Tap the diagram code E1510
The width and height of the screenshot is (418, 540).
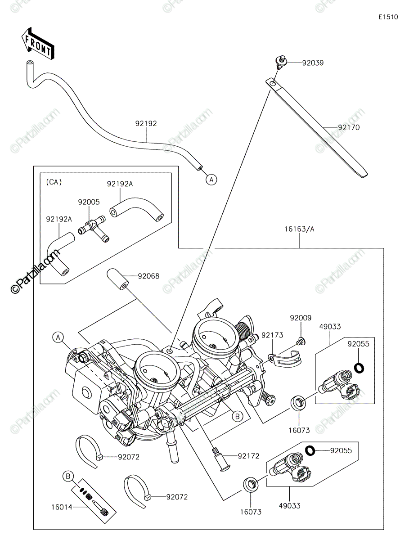pos(388,17)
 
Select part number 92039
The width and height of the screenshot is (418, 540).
pos(313,63)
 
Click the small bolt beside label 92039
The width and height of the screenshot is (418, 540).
pos(281,63)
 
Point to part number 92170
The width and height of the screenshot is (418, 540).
pos(349,127)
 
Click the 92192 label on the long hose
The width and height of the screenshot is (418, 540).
pos(146,123)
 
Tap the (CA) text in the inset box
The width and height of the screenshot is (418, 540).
pos(54,182)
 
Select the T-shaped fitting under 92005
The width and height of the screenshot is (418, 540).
pos(92,229)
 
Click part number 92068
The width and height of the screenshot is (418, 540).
pos(148,276)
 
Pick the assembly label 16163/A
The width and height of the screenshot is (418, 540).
pos(299,229)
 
